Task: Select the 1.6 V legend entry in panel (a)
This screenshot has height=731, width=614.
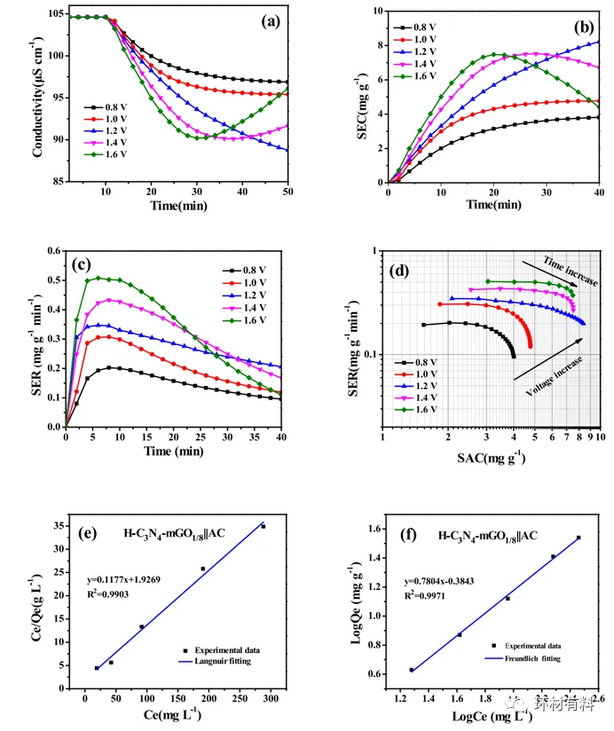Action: tap(108, 154)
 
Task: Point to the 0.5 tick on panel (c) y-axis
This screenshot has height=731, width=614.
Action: tap(52, 279)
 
